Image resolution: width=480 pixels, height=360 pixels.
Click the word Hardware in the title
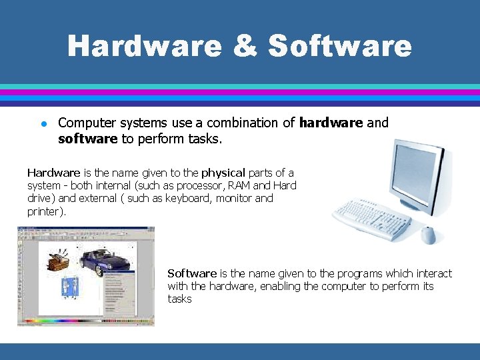pos(144,46)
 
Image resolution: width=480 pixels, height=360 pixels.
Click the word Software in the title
pos(340,46)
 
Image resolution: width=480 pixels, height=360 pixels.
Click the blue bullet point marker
pos(42,123)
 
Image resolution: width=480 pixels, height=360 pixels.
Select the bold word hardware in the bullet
pos(331,123)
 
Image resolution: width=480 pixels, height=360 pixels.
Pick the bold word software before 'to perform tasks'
pos(87,139)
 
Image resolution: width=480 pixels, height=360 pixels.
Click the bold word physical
pos(223,173)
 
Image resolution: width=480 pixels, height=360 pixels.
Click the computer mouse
pos(428,235)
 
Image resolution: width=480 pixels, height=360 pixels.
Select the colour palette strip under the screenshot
pos(85,322)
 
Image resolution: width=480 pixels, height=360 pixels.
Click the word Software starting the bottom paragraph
pos(192,273)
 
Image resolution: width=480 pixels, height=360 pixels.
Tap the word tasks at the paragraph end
pos(179,299)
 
